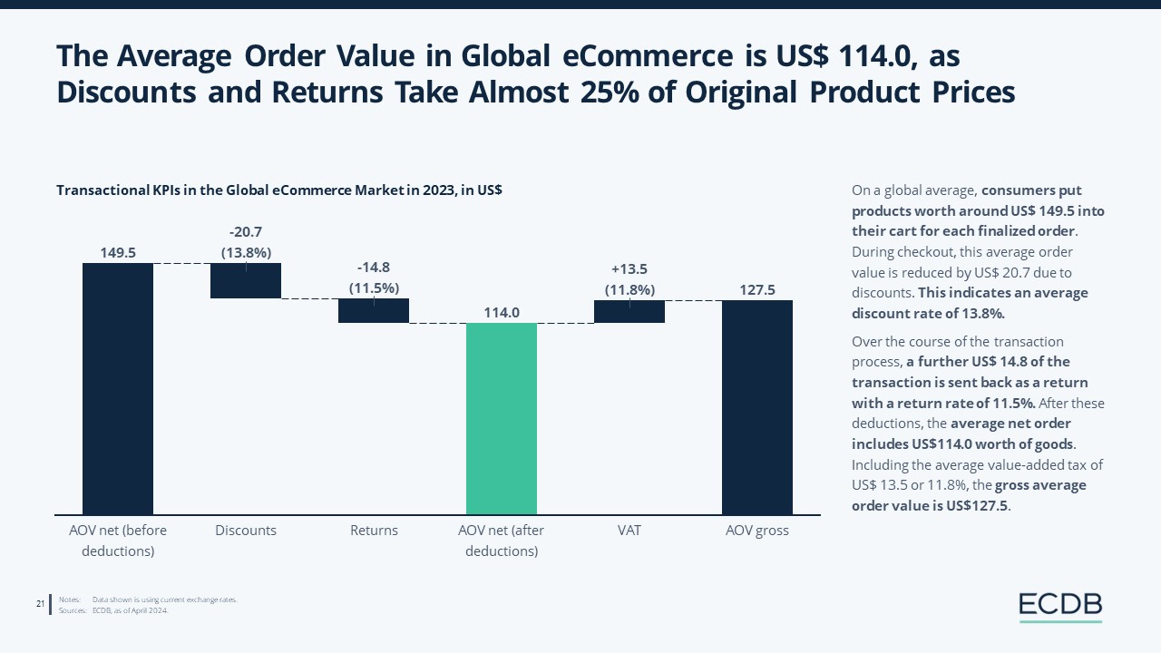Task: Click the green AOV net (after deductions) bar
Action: (x=501, y=418)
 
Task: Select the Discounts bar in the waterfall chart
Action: (x=246, y=280)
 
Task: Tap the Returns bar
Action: (x=374, y=311)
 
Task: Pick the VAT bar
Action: (x=629, y=311)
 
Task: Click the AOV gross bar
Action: (x=757, y=407)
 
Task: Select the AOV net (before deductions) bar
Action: (x=118, y=388)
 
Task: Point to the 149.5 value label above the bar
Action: (x=118, y=253)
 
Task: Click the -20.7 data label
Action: (x=246, y=232)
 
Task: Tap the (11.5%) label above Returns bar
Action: (x=374, y=288)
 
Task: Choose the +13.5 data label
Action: (x=629, y=269)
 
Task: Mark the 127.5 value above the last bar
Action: (x=757, y=290)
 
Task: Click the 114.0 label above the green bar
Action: (x=502, y=313)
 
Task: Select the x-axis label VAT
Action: (x=629, y=531)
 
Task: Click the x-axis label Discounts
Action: (x=246, y=531)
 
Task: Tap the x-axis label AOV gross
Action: (x=757, y=531)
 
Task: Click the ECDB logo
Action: (x=1059, y=605)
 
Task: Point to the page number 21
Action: (x=41, y=604)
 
